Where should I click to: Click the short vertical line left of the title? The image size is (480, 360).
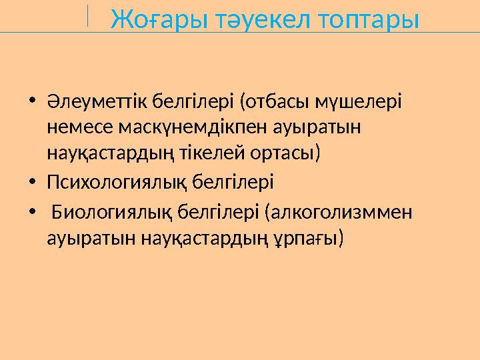point(87,15)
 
